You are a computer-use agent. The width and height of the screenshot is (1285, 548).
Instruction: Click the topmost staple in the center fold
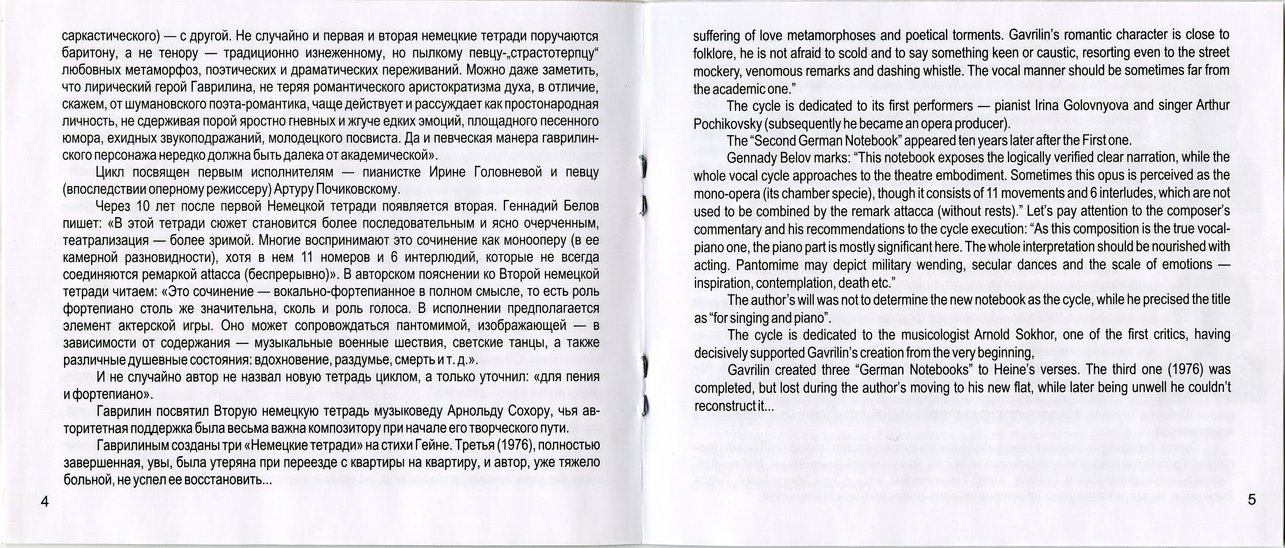(643, 166)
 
